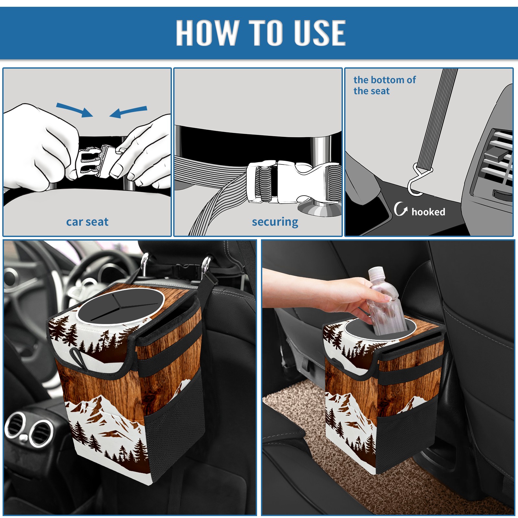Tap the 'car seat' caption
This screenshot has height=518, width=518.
point(87,222)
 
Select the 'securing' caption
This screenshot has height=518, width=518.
point(275,222)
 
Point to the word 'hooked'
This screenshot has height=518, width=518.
point(428,212)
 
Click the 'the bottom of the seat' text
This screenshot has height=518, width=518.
point(384,85)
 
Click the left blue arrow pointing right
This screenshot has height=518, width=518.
point(75,110)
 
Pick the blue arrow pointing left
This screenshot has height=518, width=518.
point(128,112)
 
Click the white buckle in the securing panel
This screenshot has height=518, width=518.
point(291,182)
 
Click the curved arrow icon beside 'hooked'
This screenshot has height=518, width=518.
point(400,209)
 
